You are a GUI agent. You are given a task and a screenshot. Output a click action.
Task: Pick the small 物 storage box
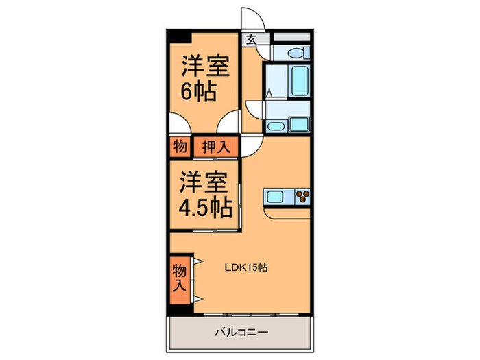[x=180, y=147]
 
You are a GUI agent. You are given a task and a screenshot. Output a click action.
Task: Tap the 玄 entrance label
[x=252, y=39]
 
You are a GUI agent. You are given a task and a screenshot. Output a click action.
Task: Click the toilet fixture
[x=298, y=52]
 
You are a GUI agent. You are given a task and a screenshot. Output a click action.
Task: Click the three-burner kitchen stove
[x=302, y=197]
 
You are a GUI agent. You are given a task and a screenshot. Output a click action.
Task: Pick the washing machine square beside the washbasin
[x=301, y=124]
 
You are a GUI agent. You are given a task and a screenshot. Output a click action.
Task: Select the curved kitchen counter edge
[x=288, y=212]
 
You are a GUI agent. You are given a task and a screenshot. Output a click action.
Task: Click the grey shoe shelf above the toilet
[x=292, y=36]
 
